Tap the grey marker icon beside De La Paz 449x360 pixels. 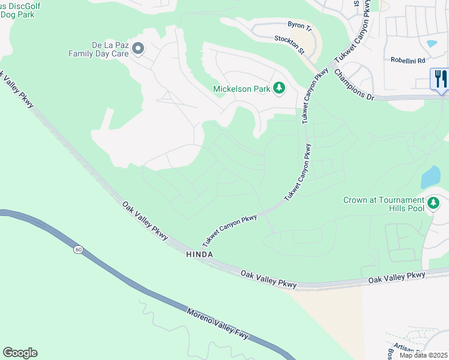click(138, 49)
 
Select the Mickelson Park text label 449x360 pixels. click(242, 89)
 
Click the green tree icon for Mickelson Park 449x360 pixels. click(279, 89)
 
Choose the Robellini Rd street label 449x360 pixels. click(408, 61)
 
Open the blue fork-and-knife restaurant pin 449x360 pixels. click(439, 80)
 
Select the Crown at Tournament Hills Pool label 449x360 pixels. click(384, 204)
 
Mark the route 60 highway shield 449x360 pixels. click(78, 249)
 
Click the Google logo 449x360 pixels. click(20, 353)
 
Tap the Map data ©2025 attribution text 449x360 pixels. click(423, 355)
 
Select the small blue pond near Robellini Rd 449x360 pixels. click(432, 44)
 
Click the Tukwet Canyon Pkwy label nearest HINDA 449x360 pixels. click(230, 230)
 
